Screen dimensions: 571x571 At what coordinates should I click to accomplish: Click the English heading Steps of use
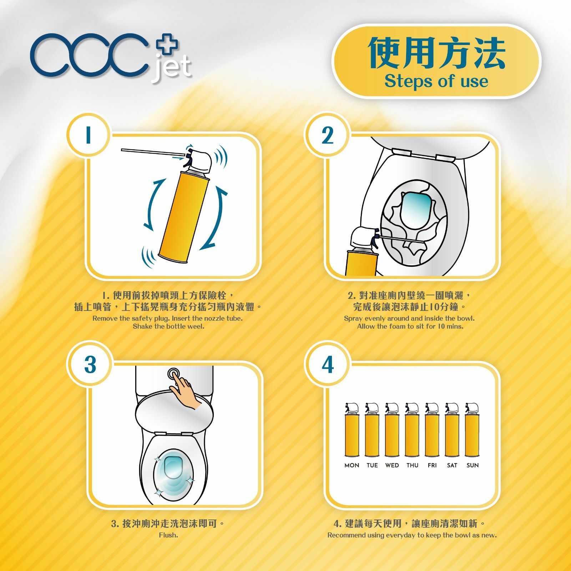(436, 81)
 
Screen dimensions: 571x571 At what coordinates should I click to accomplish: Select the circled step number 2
(327, 135)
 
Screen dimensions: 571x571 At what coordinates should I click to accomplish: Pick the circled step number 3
(90, 365)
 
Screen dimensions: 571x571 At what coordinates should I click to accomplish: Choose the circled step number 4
(327, 365)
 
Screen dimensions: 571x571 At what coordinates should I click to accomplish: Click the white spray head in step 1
(202, 161)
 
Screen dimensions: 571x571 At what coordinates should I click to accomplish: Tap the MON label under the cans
(352, 465)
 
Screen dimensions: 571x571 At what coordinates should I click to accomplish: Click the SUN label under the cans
(473, 465)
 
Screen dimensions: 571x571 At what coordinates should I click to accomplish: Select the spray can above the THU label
(412, 434)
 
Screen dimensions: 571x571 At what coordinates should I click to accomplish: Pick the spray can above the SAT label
(452, 434)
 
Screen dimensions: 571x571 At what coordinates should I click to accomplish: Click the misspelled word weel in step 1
(197, 326)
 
